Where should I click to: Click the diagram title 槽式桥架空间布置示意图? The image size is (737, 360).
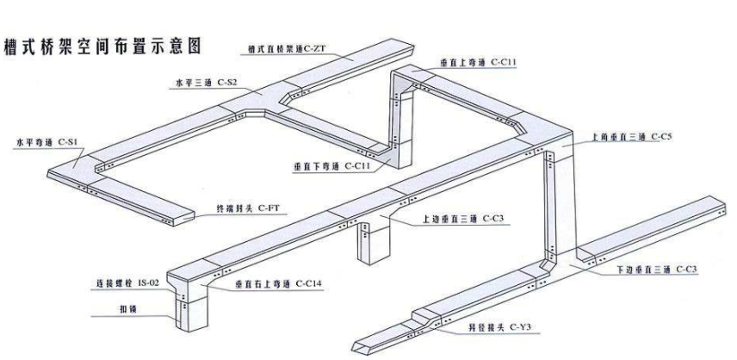(x=103, y=46)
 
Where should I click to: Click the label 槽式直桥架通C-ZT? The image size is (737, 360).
(x=287, y=48)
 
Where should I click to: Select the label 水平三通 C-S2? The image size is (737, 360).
(x=207, y=84)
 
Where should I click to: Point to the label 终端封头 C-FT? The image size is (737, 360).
(x=249, y=208)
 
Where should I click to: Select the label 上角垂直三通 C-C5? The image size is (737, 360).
(x=626, y=137)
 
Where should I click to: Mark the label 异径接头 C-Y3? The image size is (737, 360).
(x=499, y=327)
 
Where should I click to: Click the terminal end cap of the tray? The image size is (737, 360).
(x=188, y=218)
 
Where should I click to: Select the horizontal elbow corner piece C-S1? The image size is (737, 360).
(x=74, y=168)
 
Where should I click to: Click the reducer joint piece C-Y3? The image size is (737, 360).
(x=426, y=320)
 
